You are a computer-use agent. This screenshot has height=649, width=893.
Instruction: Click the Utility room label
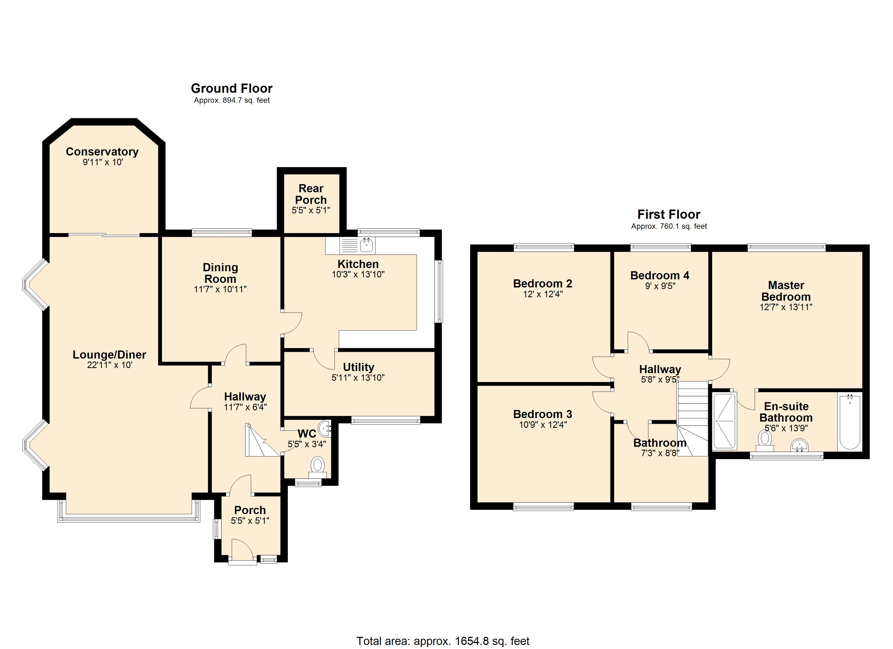(x=358, y=367)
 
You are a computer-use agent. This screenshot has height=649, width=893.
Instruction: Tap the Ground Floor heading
(x=232, y=88)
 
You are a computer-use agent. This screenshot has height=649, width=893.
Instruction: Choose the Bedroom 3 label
(x=542, y=414)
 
